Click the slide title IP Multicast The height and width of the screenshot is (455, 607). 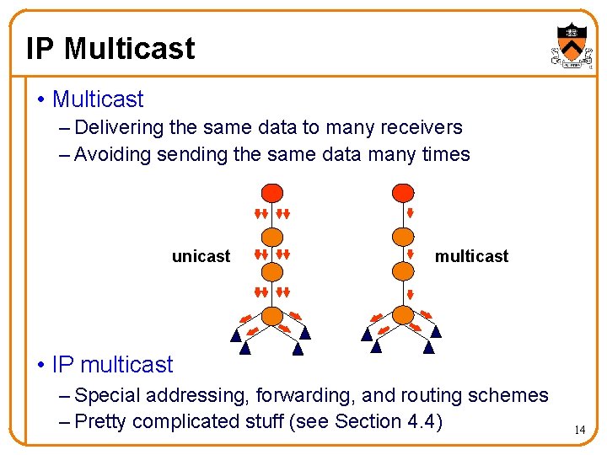pyautogui.click(x=110, y=49)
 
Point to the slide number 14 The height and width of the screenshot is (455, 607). pyautogui.click(x=579, y=431)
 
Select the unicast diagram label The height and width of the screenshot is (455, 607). pyautogui.click(x=201, y=256)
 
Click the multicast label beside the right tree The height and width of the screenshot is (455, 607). pyautogui.click(x=471, y=256)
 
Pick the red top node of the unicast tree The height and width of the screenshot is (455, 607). pyautogui.click(x=271, y=193)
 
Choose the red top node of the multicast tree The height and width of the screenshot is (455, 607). pyautogui.click(x=405, y=193)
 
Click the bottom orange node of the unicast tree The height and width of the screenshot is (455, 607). pyautogui.click(x=271, y=315)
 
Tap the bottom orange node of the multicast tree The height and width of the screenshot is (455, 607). pyautogui.click(x=405, y=315)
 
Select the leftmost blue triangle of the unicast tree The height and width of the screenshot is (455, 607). pyautogui.click(x=237, y=335)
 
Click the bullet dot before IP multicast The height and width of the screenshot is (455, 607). pyautogui.click(x=40, y=365)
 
